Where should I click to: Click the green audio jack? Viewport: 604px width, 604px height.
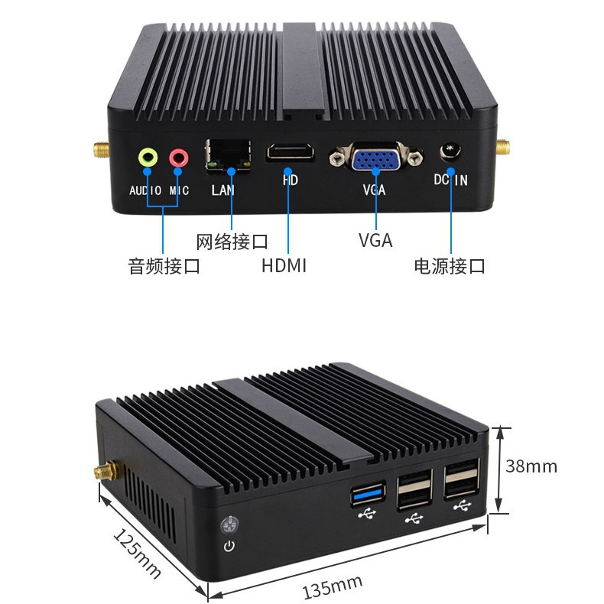coord(148,157)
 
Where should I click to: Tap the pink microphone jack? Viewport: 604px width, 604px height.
coord(178,157)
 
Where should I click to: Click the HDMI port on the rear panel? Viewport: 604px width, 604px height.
coord(290,152)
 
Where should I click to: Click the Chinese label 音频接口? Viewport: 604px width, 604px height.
coord(164,267)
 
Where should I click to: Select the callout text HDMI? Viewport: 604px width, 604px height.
coord(284,266)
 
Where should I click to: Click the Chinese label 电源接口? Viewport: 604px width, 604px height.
coord(450,267)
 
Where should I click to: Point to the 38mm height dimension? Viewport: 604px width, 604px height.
coord(531,466)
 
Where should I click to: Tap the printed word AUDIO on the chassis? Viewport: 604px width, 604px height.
coord(145,190)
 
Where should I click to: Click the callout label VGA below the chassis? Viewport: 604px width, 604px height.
coord(375,241)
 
